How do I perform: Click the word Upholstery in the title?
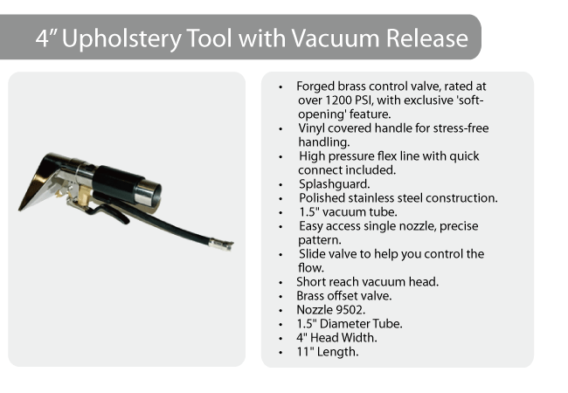pyautogui.click(x=121, y=38)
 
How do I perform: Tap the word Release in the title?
pyautogui.click(x=427, y=38)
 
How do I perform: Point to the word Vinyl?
pyautogui.click(x=311, y=129)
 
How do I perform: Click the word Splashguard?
pyautogui.click(x=334, y=184)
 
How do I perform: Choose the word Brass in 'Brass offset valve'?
pyautogui.click(x=309, y=296)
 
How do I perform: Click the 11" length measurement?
pyautogui.click(x=305, y=352)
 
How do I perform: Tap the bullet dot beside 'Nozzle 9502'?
pyautogui.click(x=281, y=311)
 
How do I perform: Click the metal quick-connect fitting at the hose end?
pyautogui.click(x=220, y=245)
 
